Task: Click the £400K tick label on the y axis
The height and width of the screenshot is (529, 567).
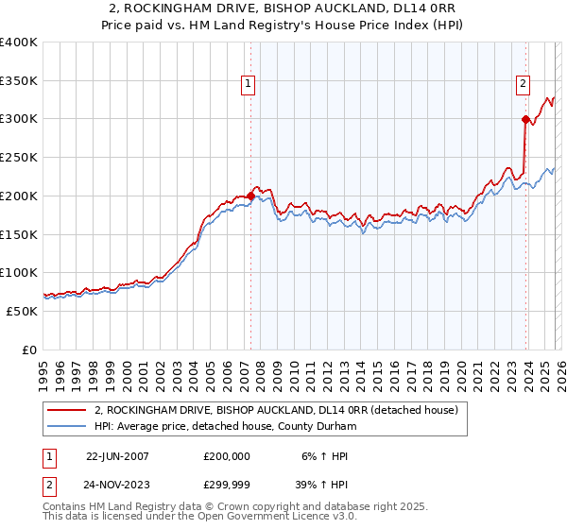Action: coord(19,43)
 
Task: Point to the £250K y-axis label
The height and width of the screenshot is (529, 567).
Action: coord(19,158)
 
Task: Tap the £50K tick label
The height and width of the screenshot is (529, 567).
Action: coord(22,311)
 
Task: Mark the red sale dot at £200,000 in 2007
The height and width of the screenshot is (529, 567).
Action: coord(250,196)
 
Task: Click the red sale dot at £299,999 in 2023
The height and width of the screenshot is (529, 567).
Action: coord(525,119)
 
